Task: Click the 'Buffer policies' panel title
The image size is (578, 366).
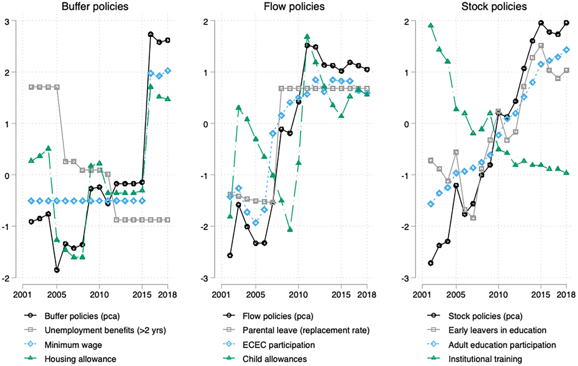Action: coord(95,7)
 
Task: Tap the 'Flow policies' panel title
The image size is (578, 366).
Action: coord(294,7)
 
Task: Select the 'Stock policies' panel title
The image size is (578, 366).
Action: coord(494,7)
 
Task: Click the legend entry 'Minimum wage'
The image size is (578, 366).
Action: coord(73,345)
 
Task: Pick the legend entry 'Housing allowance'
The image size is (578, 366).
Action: coord(80,359)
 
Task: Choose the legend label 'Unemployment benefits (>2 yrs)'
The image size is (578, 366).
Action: coord(105,330)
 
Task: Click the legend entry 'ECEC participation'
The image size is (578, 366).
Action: coord(279,345)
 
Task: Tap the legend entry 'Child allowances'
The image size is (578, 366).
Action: coord(275,359)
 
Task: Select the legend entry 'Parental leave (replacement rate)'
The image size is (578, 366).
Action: coord(306,330)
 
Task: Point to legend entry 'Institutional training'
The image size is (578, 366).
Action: coord(485,359)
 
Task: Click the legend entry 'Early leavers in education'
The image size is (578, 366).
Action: coord(497,330)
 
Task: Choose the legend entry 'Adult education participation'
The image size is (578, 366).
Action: coord(502,345)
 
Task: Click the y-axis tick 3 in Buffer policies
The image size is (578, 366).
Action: coord(7,21)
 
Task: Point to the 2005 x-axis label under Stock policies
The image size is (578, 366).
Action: coord(456,294)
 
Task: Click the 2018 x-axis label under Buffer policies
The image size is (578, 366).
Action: coord(167,294)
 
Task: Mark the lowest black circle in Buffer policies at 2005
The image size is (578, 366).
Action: coord(57,270)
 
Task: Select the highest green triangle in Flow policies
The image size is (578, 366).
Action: coord(307,36)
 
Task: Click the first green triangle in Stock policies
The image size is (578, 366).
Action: coord(430,25)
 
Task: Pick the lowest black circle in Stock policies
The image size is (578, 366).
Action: coord(430,263)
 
